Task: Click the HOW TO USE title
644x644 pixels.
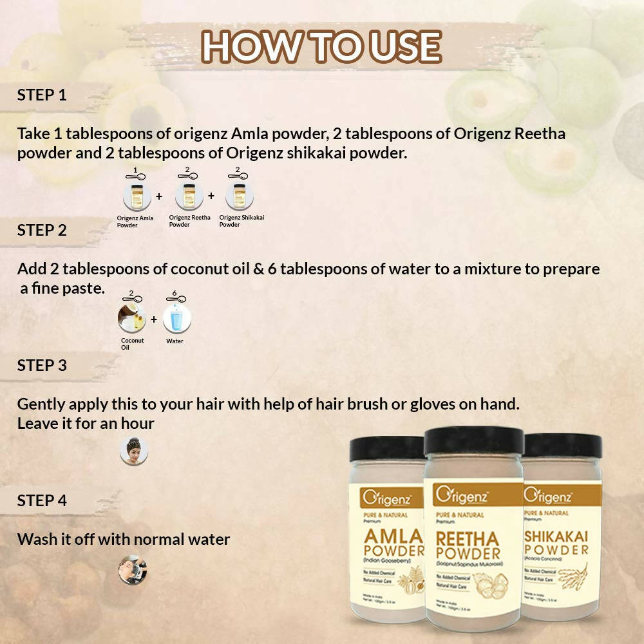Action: [x=321, y=46]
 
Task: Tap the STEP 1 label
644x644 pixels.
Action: [x=42, y=95]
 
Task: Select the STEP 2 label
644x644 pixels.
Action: [x=42, y=230]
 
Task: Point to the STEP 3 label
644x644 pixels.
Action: [x=42, y=365]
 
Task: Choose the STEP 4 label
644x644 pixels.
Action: [x=42, y=500]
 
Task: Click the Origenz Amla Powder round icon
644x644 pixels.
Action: [x=137, y=196]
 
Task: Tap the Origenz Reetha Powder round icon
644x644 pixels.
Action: [x=189, y=196]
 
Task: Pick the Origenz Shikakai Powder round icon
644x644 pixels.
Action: [x=240, y=196]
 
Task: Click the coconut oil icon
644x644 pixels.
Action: [x=132, y=319]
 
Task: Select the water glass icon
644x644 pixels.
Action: [x=176, y=319]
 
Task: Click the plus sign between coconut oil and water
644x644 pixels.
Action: [x=154, y=319]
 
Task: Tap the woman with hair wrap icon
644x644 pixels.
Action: [x=134, y=451]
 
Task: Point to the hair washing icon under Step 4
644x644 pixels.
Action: [x=133, y=570]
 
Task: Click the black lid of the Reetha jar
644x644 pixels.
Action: [x=473, y=441]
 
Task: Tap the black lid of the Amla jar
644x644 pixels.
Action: [x=388, y=448]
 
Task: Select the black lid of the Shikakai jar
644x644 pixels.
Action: [x=563, y=444]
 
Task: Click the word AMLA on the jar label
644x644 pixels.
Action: [x=394, y=537]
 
